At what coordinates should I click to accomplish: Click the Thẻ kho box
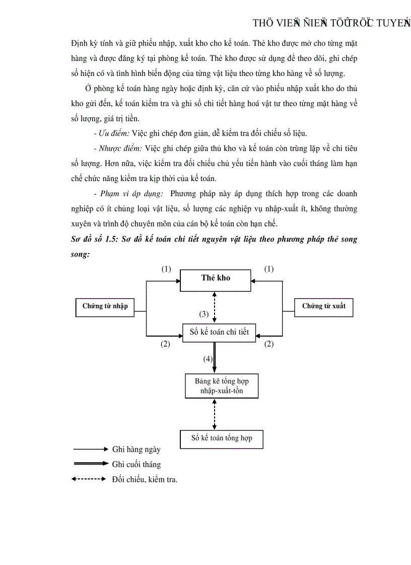pos(216,280)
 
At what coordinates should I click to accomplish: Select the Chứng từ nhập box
pos(105,306)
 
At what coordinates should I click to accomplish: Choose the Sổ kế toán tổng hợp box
pos(222,438)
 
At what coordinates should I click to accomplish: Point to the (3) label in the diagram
pos(203,314)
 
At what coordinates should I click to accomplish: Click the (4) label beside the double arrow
pos(208,359)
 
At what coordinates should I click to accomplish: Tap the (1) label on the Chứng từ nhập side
pos(166,269)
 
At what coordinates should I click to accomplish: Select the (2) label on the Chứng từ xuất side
pos(269,345)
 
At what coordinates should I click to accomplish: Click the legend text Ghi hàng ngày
pos(136,449)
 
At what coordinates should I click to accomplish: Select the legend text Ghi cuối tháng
pos(136,464)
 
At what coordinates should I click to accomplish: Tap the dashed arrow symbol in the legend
pos(91,479)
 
